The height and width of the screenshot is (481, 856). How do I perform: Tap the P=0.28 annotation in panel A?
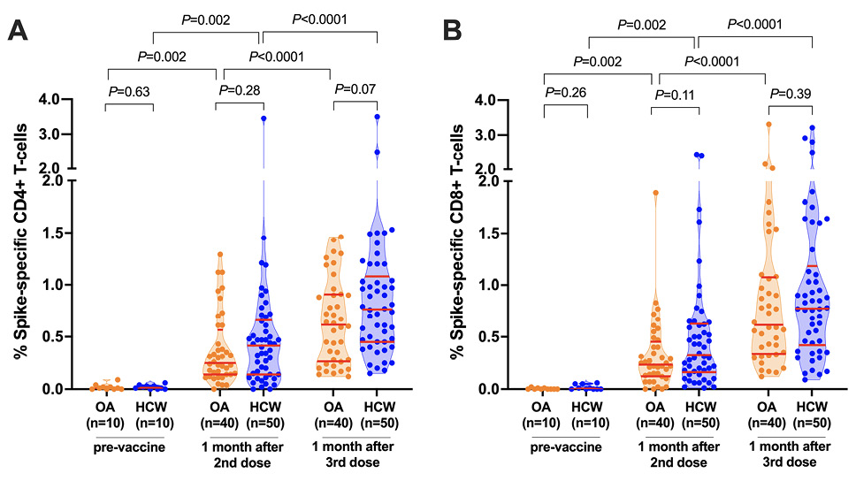238,90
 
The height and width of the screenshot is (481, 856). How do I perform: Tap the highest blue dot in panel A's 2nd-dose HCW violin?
264,118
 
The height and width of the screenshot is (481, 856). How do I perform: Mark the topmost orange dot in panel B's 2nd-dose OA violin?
655,192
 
